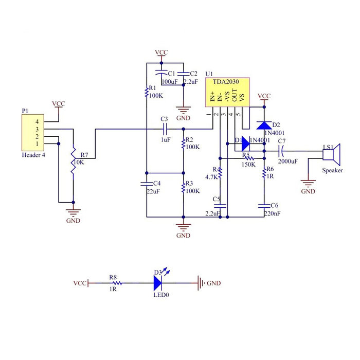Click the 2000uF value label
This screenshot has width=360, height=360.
287,161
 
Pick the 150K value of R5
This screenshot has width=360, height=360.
249,165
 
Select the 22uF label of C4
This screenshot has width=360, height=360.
153,191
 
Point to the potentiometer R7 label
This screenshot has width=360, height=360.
84,155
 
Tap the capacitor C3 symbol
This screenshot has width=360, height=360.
165,129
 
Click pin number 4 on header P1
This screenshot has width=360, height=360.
37,121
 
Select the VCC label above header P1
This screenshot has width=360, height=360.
59,104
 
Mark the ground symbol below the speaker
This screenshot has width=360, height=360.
308,184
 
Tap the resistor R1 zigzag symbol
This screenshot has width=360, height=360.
147,93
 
